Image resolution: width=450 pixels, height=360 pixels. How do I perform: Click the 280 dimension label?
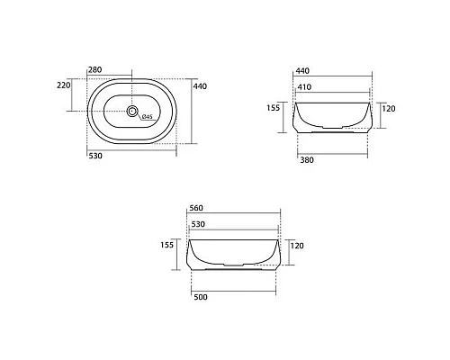[x=95, y=70]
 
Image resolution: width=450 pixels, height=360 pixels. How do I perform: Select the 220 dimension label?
[x=64, y=85]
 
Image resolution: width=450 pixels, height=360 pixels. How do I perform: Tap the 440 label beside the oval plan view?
[x=200, y=85]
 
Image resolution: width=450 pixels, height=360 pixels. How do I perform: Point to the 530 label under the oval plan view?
[x=95, y=155]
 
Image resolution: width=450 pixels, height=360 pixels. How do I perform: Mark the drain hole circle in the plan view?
[x=133, y=112]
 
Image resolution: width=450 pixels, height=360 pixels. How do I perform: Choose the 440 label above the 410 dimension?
[x=302, y=70]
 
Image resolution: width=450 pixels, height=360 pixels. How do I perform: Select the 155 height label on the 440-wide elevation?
[x=274, y=107]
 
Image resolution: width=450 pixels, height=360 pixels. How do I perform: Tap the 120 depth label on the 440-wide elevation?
[x=390, y=107]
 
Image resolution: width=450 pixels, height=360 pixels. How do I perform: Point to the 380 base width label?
[x=308, y=155]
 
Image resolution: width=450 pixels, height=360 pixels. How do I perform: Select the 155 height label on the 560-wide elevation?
[x=166, y=244]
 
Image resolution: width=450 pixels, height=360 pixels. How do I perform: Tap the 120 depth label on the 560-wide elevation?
[x=298, y=245]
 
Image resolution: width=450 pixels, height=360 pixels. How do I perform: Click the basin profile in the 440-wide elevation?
[x=332, y=117]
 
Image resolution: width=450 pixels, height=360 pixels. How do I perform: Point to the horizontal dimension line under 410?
[x=332, y=95]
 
